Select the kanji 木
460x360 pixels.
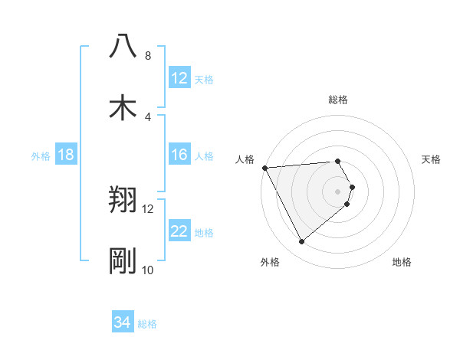pos(123,108)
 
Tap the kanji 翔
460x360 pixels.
pos(123,200)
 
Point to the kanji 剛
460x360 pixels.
pos(123,261)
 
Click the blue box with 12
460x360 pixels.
pos(179,78)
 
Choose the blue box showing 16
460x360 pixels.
pos(179,155)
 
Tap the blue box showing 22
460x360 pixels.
pos(179,232)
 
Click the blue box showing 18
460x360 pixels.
pos(66,155)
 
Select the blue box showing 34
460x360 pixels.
pos(123,323)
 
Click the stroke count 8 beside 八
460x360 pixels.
pos(147,55)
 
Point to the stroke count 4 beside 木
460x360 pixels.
pos(147,116)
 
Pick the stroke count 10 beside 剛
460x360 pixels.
pos(147,270)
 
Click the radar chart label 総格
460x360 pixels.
pos(337,100)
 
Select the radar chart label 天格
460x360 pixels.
pos(431,159)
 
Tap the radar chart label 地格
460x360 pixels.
pos(402,263)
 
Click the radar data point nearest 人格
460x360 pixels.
pos(264,168)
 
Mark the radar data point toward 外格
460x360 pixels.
pos(301,242)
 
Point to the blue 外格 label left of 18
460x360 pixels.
pos(41,155)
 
